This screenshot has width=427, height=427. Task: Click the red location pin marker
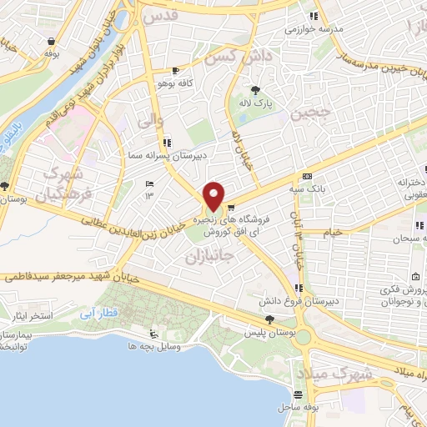[x=214, y=196]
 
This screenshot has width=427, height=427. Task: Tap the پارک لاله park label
[x=258, y=103]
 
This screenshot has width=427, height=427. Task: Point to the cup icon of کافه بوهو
[x=174, y=71]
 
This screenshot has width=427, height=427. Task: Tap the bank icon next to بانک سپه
[x=308, y=176]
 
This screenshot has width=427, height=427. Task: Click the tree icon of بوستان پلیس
[x=269, y=319]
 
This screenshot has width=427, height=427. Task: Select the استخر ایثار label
[x=29, y=318]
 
